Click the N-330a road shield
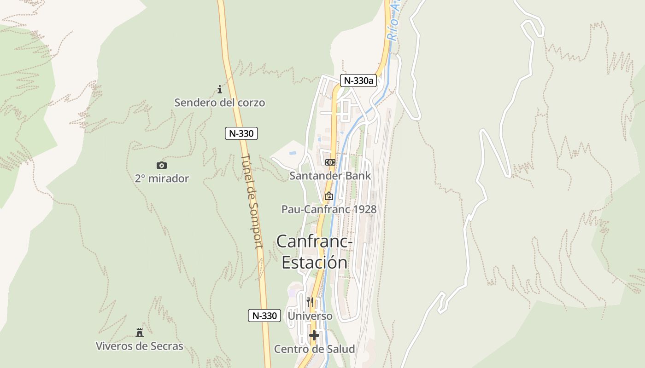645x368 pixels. point(358,80)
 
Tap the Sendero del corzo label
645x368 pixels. point(220,103)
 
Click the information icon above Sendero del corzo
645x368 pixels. point(220,89)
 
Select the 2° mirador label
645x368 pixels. point(162,178)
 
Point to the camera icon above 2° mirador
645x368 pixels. point(162,165)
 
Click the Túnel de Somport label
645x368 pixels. point(252,201)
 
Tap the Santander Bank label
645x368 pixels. point(330,176)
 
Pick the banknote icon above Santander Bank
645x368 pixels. point(330,162)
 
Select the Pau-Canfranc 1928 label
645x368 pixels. point(329,209)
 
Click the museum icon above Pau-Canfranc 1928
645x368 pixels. point(328,196)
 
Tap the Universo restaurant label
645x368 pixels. point(310,316)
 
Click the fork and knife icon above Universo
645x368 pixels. point(310,302)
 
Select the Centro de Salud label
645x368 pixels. point(314,349)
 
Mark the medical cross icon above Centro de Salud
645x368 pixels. point(314,335)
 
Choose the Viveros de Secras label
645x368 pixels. point(139,346)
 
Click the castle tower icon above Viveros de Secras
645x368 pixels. point(139,332)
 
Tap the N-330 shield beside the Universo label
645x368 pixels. point(264,316)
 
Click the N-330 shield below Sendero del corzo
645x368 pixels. point(241,133)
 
